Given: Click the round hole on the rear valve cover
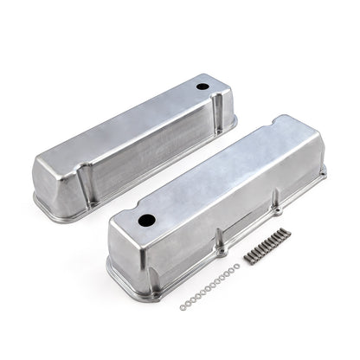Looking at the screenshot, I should [x=202, y=87].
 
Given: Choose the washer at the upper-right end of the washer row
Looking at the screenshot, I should [x=235, y=269].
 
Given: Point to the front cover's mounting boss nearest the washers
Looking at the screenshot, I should [x=222, y=253].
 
